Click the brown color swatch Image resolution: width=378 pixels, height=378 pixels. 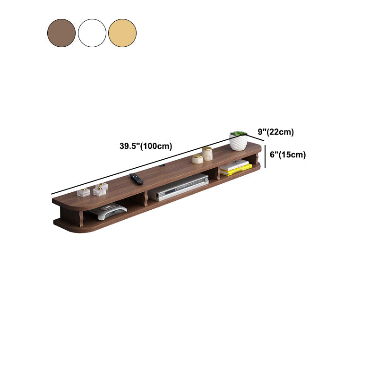(x=61, y=33)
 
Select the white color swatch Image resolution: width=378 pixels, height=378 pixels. (x=92, y=33)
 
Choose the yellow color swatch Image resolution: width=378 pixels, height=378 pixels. (x=122, y=33)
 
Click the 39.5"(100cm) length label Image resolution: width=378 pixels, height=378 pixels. (x=146, y=146)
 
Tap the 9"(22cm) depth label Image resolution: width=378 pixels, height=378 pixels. (x=275, y=132)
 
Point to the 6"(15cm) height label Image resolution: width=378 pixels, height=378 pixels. (x=287, y=155)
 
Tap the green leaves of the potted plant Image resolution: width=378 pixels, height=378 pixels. (x=239, y=134)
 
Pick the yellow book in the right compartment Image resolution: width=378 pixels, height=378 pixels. (x=236, y=170)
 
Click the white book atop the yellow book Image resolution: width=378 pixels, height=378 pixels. (x=235, y=164)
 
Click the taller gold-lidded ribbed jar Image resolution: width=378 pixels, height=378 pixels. (x=207, y=154)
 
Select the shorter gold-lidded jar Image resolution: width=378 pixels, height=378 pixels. (x=198, y=158)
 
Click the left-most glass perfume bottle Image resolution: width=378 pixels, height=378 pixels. (x=84, y=192)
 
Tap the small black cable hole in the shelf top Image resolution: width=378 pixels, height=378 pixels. (x=163, y=166)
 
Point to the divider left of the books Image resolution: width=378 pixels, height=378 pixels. (x=218, y=172)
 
